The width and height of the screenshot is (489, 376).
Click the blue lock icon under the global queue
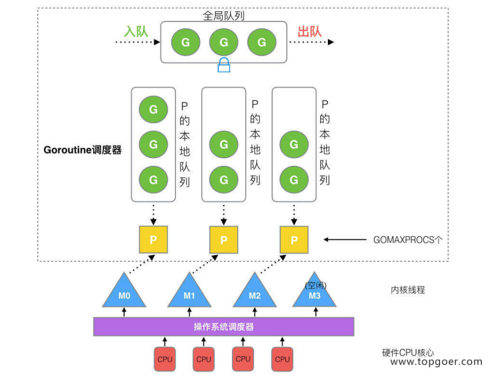pyautogui.click(x=224, y=65)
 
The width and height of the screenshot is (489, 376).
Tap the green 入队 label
pyautogui.click(x=136, y=31)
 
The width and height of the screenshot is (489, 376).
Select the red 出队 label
pyautogui.click(x=310, y=31)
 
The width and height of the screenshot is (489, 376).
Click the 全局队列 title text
pyautogui.click(x=224, y=16)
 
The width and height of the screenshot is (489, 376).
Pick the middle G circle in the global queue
pyautogui.click(x=224, y=42)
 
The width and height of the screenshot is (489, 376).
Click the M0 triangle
pyautogui.click(x=124, y=293)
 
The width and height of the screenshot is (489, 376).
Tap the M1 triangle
pyautogui.click(x=189, y=293)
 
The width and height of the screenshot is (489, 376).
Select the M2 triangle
pyautogui.click(x=254, y=293)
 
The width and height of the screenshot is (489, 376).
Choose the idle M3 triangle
pyautogui.click(x=315, y=293)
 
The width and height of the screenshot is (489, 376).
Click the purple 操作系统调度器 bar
pyautogui.click(x=223, y=327)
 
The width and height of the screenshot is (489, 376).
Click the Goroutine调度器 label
pyautogui.click(x=83, y=151)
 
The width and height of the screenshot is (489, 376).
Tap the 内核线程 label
pyautogui.click(x=407, y=290)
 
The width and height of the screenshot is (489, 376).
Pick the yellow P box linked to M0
pyautogui.click(x=153, y=240)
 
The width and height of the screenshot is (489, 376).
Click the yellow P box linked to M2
pyautogui.click(x=294, y=240)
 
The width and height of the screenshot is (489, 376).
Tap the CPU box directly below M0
pyautogui.click(x=165, y=359)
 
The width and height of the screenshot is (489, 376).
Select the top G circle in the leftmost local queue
pyautogui.click(x=153, y=109)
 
